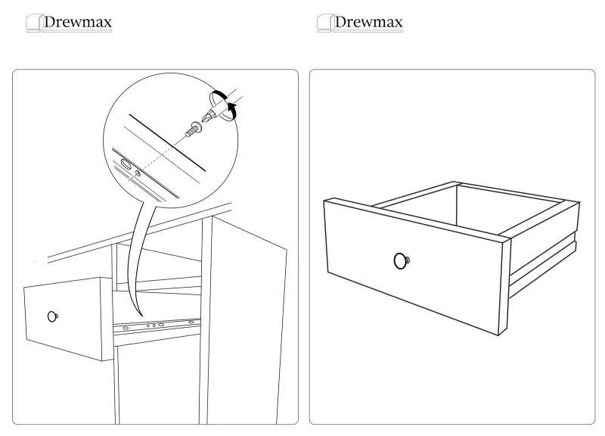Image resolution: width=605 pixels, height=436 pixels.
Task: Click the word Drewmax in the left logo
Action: (x=78, y=22)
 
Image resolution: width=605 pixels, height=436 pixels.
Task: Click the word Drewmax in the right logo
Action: (x=369, y=22)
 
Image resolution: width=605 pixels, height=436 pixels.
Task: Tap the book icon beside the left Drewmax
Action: (x=33, y=23)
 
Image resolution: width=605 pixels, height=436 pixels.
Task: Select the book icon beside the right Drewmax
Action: (x=324, y=23)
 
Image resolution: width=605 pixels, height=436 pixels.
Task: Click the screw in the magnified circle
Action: (x=194, y=129)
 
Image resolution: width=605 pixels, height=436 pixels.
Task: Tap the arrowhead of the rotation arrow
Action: (x=232, y=106)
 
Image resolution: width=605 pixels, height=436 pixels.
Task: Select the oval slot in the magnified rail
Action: (x=126, y=164)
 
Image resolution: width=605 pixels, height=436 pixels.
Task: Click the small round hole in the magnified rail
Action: (x=138, y=173)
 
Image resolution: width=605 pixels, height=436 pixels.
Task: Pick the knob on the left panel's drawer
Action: (x=52, y=316)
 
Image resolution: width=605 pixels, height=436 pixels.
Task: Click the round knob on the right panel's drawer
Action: (x=402, y=260)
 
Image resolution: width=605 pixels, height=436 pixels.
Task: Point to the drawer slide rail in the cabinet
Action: (x=157, y=325)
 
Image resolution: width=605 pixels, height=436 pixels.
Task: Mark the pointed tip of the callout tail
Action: (x=141, y=316)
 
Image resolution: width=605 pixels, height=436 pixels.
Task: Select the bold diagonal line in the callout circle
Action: (x=167, y=142)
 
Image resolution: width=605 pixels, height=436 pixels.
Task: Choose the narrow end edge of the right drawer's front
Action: (x=506, y=287)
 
